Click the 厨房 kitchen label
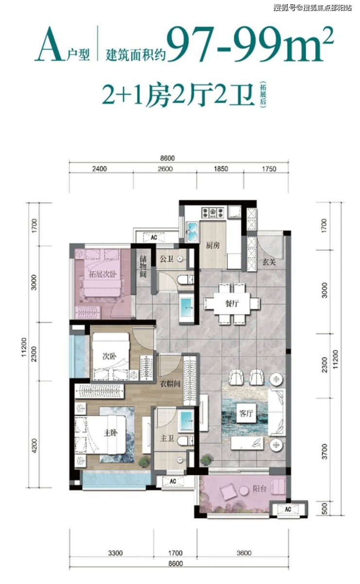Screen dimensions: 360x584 point(213,245)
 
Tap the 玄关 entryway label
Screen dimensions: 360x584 point(269,262)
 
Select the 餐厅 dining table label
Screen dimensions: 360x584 point(232,303)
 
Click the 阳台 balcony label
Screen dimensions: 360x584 point(259,488)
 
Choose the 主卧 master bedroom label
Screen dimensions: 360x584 point(110,433)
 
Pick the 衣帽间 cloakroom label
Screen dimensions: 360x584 point(170,383)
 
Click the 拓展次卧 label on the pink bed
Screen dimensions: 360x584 point(103,274)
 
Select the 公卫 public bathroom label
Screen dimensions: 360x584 point(167,259)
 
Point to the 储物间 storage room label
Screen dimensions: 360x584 point(143,266)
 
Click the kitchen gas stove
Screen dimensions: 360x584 point(213,212)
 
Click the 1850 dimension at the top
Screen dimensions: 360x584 point(221,169)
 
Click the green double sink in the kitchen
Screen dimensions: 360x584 point(193,232)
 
